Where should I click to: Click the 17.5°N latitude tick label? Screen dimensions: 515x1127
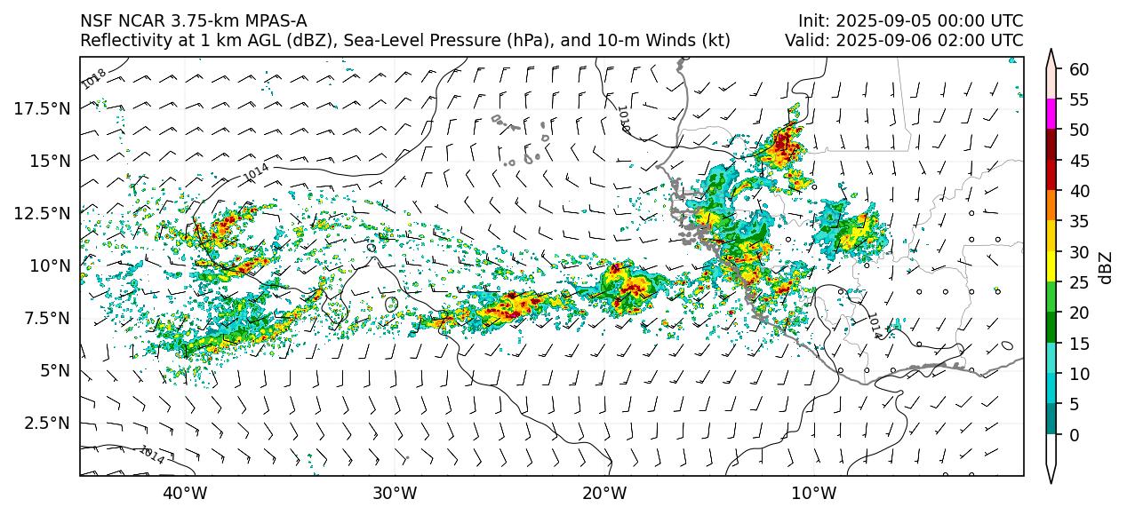click(44, 108)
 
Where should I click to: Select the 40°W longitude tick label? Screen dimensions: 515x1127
click(185, 493)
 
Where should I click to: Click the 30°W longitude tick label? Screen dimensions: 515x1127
click(395, 493)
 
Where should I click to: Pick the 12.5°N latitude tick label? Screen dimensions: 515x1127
click(44, 213)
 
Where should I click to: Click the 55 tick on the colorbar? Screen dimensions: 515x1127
click(1079, 99)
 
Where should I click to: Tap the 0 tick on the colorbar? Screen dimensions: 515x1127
click(1075, 435)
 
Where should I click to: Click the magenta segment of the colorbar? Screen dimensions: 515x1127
click(1051, 115)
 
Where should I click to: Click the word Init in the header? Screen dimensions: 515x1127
click(812, 21)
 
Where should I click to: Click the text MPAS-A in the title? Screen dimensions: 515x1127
click(275, 21)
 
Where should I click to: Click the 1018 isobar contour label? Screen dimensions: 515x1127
click(93, 78)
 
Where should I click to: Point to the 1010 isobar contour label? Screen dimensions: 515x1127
click(622, 119)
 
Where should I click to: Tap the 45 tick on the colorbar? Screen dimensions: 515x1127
click(1079, 161)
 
